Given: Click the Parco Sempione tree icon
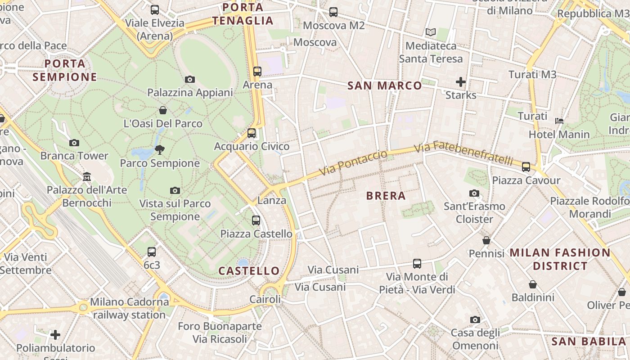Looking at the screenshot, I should (x=159, y=150).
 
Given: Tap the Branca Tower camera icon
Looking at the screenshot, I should (x=74, y=143).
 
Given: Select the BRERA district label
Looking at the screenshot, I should (x=386, y=196).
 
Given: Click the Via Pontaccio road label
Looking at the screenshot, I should (x=353, y=163).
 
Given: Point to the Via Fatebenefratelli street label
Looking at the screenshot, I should (x=463, y=153).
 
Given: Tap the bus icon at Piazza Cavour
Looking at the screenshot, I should (x=526, y=167).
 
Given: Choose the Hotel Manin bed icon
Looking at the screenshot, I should (x=559, y=121).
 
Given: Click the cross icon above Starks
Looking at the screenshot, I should (x=460, y=82).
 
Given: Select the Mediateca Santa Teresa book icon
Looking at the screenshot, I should (x=431, y=32).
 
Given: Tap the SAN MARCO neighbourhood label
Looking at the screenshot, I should (x=385, y=85).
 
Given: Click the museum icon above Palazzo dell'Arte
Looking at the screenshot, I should (x=87, y=176).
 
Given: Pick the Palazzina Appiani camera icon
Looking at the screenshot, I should (x=190, y=79).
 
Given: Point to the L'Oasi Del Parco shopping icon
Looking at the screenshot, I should (x=163, y=110).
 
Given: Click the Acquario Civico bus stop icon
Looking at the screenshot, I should (x=252, y=133).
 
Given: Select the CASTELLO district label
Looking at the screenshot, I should (x=249, y=271).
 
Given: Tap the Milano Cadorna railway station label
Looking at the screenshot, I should (x=130, y=308).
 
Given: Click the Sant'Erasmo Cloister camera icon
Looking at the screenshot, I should (x=474, y=193).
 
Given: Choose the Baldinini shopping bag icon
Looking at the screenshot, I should (x=533, y=284).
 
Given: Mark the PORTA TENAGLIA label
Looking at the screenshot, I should (x=243, y=14).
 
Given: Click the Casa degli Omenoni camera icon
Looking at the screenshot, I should (x=475, y=319).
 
